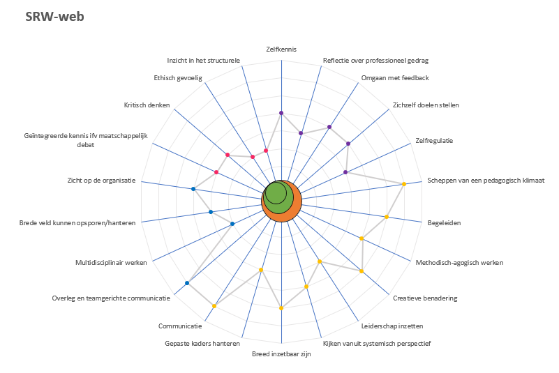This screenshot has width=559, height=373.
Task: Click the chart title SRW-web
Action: (54, 17)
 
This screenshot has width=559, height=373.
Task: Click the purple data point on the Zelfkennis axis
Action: (281, 113)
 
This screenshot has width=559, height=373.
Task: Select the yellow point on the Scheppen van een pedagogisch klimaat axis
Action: (404, 184)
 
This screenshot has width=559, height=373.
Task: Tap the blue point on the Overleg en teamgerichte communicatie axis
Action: (187, 283)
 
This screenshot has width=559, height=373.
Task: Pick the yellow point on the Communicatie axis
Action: (214, 305)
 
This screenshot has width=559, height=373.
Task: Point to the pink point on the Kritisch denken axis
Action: (228, 155)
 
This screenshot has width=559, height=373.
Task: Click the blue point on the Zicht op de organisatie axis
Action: (193, 189)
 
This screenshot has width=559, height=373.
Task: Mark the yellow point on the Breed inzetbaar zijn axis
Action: (281, 308)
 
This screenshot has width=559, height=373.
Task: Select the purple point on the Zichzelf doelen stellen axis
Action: (348, 144)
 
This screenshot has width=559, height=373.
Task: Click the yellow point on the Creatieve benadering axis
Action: (362, 271)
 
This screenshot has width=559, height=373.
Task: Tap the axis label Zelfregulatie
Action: (434, 141)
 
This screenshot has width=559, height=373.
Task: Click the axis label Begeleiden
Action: (444, 223)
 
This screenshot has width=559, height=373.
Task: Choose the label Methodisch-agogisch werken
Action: (459, 263)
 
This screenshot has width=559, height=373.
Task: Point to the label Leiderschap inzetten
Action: (392, 326)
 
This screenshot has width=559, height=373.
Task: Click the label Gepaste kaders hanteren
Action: (202, 344)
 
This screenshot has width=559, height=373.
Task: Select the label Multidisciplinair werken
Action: (111, 263)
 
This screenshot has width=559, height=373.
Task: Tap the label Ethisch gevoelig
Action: (178, 77)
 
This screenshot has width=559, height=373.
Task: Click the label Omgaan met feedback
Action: (395, 77)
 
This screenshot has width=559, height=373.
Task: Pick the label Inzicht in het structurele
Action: (203, 60)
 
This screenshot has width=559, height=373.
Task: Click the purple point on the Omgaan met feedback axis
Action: (329, 127)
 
